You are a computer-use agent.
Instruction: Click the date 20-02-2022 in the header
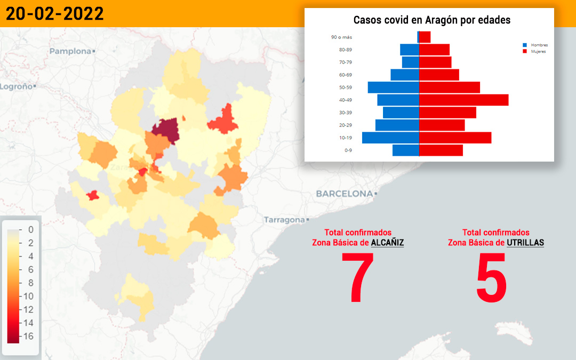click(x=55, y=14)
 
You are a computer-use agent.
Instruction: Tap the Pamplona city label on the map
click(x=70, y=51)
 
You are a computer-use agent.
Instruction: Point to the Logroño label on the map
click(x=16, y=87)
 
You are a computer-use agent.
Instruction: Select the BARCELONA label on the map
click(x=344, y=194)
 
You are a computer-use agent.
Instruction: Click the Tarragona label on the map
click(x=284, y=220)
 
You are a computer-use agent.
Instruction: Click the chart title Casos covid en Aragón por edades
click(x=431, y=20)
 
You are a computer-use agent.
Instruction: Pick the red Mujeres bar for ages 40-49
click(x=464, y=100)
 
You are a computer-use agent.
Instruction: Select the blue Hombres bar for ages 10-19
click(x=390, y=138)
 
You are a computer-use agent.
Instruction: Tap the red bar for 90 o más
click(x=425, y=37)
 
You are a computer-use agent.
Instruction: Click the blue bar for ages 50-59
click(x=394, y=87)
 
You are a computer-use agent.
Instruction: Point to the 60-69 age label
click(x=345, y=75)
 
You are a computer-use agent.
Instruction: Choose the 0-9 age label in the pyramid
click(x=348, y=150)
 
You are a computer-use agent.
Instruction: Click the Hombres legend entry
click(x=535, y=45)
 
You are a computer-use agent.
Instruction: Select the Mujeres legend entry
click(x=534, y=51)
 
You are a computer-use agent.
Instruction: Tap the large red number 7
click(x=357, y=277)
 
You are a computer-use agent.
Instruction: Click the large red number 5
click(x=492, y=277)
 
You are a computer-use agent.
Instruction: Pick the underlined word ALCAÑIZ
click(x=387, y=243)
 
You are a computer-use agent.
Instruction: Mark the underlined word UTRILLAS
click(x=525, y=243)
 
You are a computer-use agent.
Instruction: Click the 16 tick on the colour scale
click(x=28, y=336)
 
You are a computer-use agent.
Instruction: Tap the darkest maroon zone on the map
click(x=166, y=131)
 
